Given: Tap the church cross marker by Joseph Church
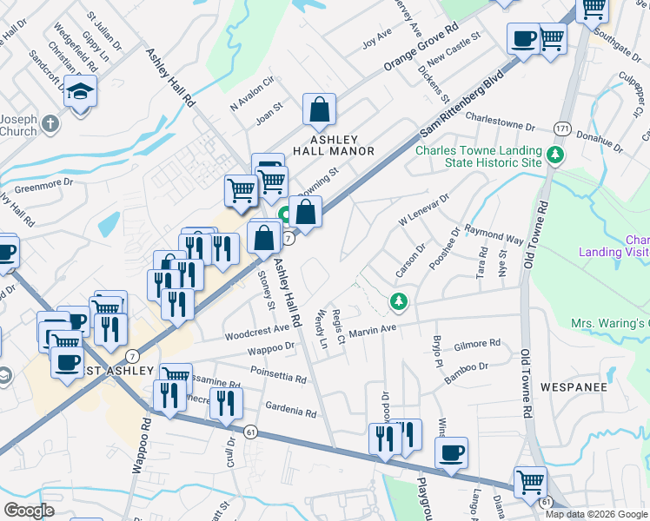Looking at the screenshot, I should coord(50,123).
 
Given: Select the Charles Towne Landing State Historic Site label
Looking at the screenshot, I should coord(479,156).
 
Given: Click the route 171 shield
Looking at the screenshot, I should coord(563,128).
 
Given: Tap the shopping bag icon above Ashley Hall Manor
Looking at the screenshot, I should coord(319,110).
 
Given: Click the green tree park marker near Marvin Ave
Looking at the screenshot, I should coord(399,301).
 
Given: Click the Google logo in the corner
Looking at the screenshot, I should coord(29,510).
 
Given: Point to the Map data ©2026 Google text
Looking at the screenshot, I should coord(596,514).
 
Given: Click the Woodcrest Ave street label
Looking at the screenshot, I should coord(256,331).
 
